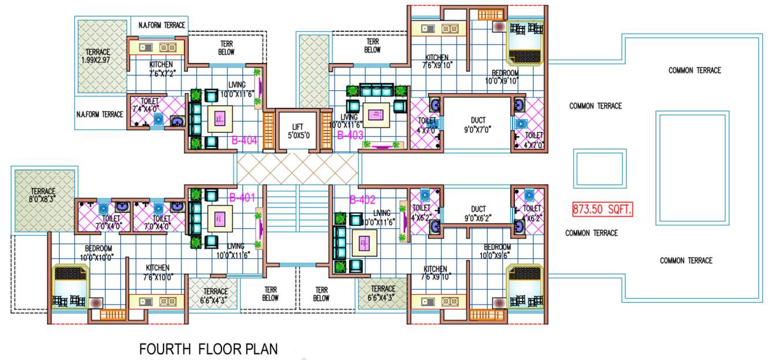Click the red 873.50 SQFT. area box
coord(603,209)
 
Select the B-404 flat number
coord(244,140)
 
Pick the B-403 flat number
coord(350,135)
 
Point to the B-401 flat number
coord(242,197)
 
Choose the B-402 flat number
coord(362,200)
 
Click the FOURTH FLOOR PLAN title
coord(209,349)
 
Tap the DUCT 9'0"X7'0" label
coord(478,125)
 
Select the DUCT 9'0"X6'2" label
coord(478,213)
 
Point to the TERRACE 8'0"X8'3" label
coord(43,195)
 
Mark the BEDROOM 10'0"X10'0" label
coord(88,252)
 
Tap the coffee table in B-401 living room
coord(219,218)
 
